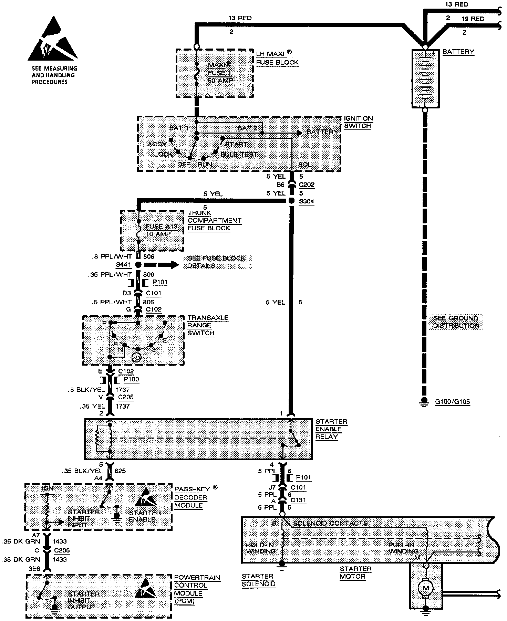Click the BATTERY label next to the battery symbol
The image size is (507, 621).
[x=458, y=52]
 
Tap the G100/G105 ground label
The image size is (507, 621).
[x=453, y=402]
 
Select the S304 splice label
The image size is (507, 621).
[x=306, y=201]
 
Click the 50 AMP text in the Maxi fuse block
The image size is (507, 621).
[x=220, y=80]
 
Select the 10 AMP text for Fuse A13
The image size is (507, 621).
[x=158, y=234]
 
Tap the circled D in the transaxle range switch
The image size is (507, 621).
[x=137, y=358]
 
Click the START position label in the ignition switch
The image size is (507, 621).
[x=236, y=144]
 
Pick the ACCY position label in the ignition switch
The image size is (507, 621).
[x=157, y=144]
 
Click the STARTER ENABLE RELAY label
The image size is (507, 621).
[x=331, y=429]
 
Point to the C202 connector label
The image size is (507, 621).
[x=306, y=185]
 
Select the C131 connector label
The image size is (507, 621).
[x=298, y=500]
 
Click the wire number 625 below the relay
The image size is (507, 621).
[x=120, y=471]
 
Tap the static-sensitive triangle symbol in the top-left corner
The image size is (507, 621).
[x=52, y=45]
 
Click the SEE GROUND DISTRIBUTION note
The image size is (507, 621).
[x=455, y=322]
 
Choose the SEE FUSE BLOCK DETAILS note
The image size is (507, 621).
[x=216, y=262]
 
